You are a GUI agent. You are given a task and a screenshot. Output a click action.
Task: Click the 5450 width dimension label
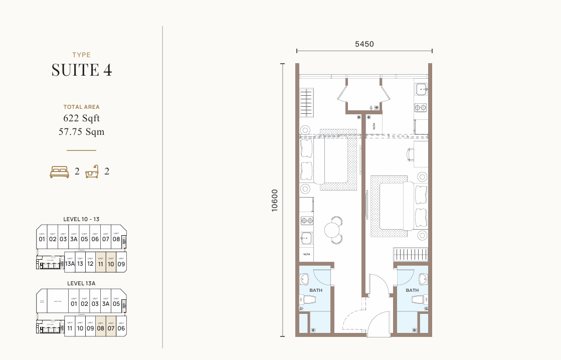pos(364,44)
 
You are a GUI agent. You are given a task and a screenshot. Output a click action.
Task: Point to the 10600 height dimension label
pos(274,200)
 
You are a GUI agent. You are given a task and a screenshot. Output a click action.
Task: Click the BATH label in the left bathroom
pos(316,290)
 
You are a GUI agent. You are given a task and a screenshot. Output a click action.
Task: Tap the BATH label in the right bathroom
pos(412,290)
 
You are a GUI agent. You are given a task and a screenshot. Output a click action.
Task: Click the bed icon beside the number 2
pos(59,172)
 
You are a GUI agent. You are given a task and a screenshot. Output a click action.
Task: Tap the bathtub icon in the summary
pos(92,172)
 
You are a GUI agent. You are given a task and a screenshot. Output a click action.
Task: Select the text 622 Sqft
pos(82,118)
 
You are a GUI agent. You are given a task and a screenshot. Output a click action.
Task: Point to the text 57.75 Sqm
pos(82,132)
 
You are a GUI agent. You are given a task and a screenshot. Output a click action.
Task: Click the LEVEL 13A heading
pos(81,283)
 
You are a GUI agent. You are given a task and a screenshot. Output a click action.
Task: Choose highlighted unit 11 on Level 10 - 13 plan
pos(101,263)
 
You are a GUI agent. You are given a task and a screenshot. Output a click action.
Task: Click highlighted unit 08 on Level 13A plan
pos(101,328)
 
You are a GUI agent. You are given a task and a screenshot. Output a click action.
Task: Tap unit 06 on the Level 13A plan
pos(121,328)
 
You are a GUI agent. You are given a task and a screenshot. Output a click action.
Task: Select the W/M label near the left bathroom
pos(306,254)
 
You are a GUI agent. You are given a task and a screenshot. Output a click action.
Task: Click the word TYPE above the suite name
pos(82,55)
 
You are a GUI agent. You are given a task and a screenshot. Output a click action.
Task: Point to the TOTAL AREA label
pos(82,107)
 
